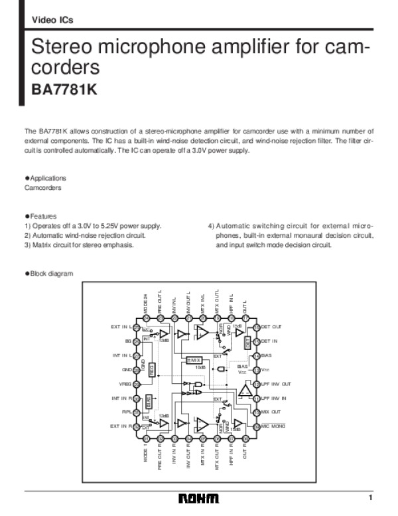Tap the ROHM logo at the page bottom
[x=198, y=499]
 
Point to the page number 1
[x=371, y=498]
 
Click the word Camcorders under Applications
[x=42, y=188]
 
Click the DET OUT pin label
[x=271, y=327]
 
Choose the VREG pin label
[x=125, y=384]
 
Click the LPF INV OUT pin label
[x=276, y=384]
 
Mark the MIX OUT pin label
[x=271, y=412]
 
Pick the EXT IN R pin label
[x=121, y=426]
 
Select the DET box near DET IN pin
[x=247, y=343]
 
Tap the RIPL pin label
[x=126, y=412]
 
